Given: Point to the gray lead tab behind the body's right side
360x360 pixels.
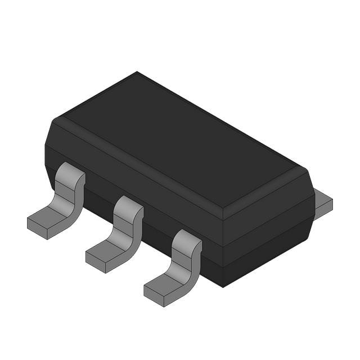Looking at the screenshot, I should (323, 204).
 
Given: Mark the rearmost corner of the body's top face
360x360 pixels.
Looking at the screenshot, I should (137, 73).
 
